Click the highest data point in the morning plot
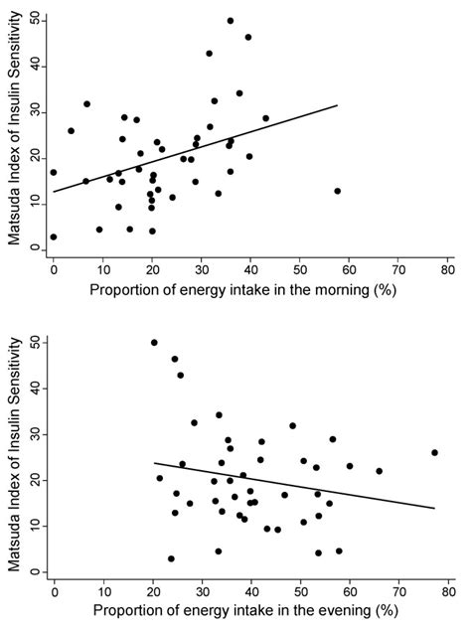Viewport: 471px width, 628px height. (x=231, y=20)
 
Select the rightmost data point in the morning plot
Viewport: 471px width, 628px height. (x=338, y=191)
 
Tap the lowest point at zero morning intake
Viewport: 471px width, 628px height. (x=53, y=237)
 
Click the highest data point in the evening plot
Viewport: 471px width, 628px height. (x=154, y=343)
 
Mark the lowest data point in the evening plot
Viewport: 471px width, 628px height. (x=171, y=558)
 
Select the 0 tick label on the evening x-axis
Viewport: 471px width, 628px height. (x=54, y=592)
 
